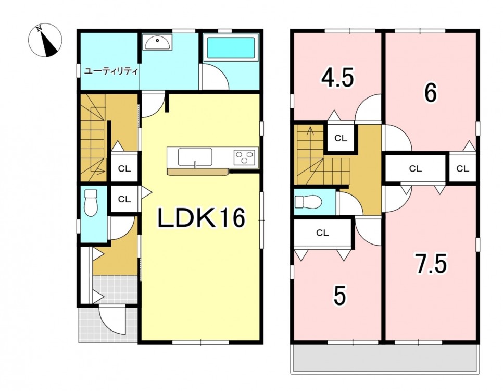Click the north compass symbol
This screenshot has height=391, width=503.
point(45,40)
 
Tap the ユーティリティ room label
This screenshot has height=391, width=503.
point(111,71)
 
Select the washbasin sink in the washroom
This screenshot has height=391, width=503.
point(157,42)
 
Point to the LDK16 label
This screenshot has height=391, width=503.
point(201,218)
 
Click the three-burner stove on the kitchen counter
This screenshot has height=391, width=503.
point(246,158)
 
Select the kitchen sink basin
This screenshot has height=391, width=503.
point(195,157)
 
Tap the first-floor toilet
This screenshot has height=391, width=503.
point(91,203)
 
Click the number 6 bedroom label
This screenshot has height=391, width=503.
point(431,93)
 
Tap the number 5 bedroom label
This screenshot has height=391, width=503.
point(339,296)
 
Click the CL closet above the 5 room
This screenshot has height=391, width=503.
point(322,233)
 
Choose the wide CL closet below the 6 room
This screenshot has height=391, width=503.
point(415,168)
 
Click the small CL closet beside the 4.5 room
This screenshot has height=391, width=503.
point(341,138)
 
